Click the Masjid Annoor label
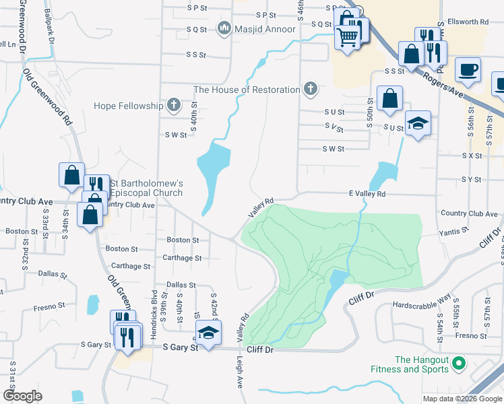click(x=264, y=29)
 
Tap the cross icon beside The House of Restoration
click(x=310, y=89)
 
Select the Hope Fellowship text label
click(x=128, y=106)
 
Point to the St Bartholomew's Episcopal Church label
click(x=146, y=188)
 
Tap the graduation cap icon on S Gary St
click(x=208, y=332)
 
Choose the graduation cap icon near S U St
click(x=418, y=123)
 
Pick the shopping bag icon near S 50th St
click(x=389, y=98)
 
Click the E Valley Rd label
click(x=367, y=194)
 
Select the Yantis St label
click(x=453, y=230)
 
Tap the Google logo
click(x=22, y=396)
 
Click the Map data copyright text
click(x=462, y=399)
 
